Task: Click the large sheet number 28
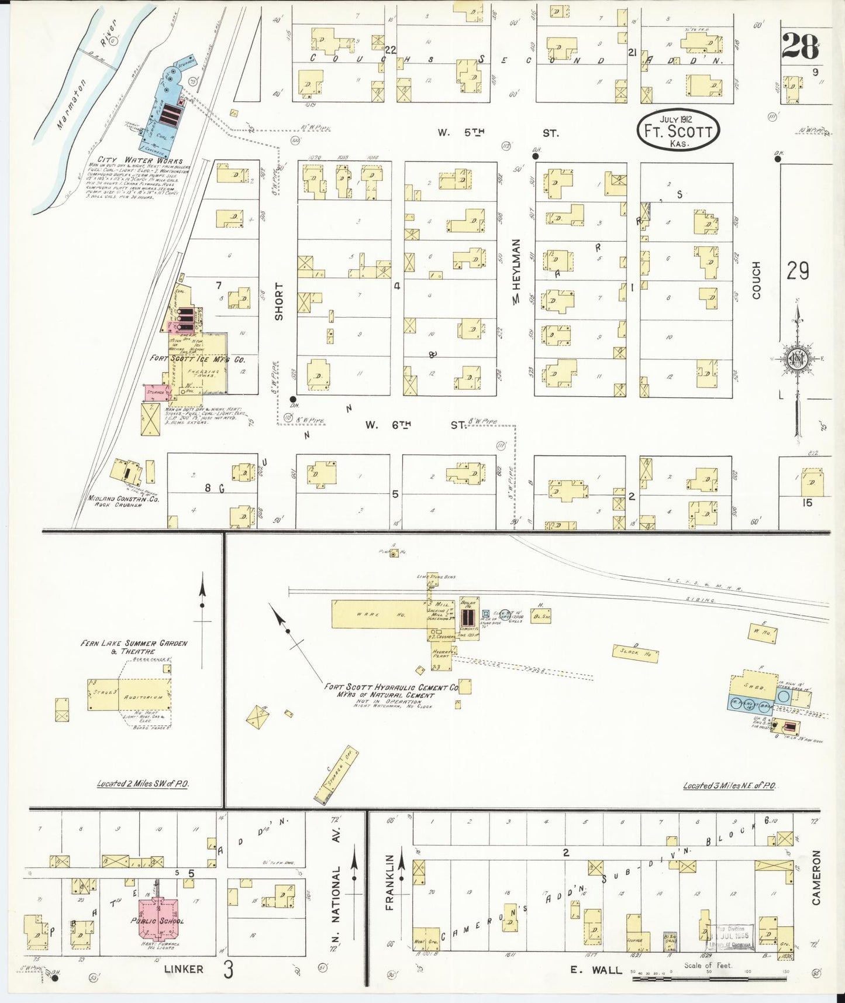[x=799, y=47]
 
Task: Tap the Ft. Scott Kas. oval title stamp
[x=678, y=130]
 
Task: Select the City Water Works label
[x=140, y=160]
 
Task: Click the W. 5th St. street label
[x=498, y=133]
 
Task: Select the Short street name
[x=279, y=301]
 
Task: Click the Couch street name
[x=756, y=280]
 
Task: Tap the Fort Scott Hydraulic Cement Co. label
[x=391, y=691]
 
